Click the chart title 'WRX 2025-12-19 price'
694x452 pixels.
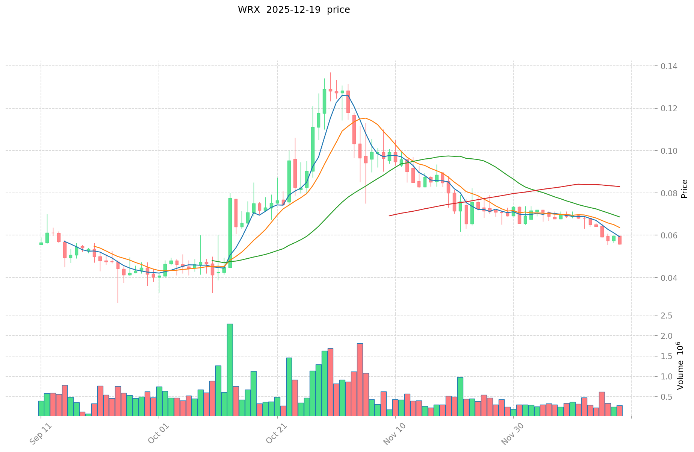[x=293, y=10]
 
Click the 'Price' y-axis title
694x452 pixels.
[x=684, y=189]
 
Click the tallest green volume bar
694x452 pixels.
[x=230, y=369]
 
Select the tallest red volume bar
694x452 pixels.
[x=360, y=379]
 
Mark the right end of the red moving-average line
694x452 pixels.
[x=620, y=187]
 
